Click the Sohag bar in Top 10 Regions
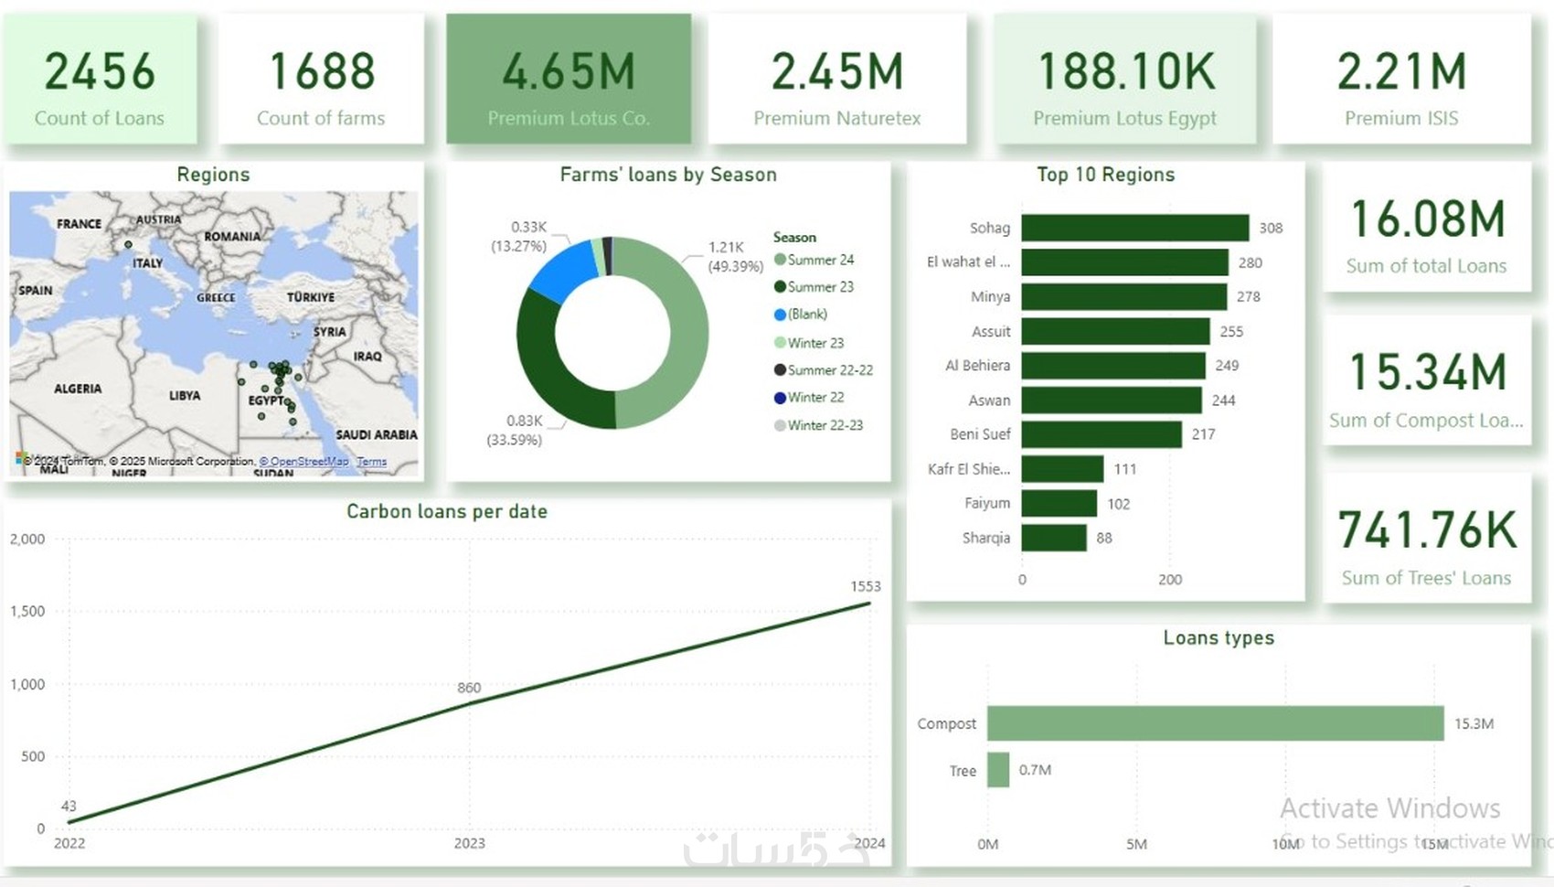point(1134,228)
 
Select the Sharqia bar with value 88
point(1053,538)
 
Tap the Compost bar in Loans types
point(1215,723)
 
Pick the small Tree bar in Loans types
point(998,770)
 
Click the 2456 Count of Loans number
point(100,71)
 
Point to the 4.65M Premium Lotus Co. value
point(569,71)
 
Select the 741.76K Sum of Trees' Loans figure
point(1426,530)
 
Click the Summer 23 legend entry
point(820,287)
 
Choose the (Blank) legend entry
point(807,315)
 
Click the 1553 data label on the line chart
point(865,586)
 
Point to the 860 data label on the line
point(469,688)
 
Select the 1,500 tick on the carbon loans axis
point(27,611)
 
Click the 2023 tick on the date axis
point(470,843)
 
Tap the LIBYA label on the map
point(185,396)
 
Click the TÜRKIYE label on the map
point(311,297)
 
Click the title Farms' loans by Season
point(668,175)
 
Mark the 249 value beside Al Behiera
point(1227,366)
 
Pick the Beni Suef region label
point(980,434)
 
